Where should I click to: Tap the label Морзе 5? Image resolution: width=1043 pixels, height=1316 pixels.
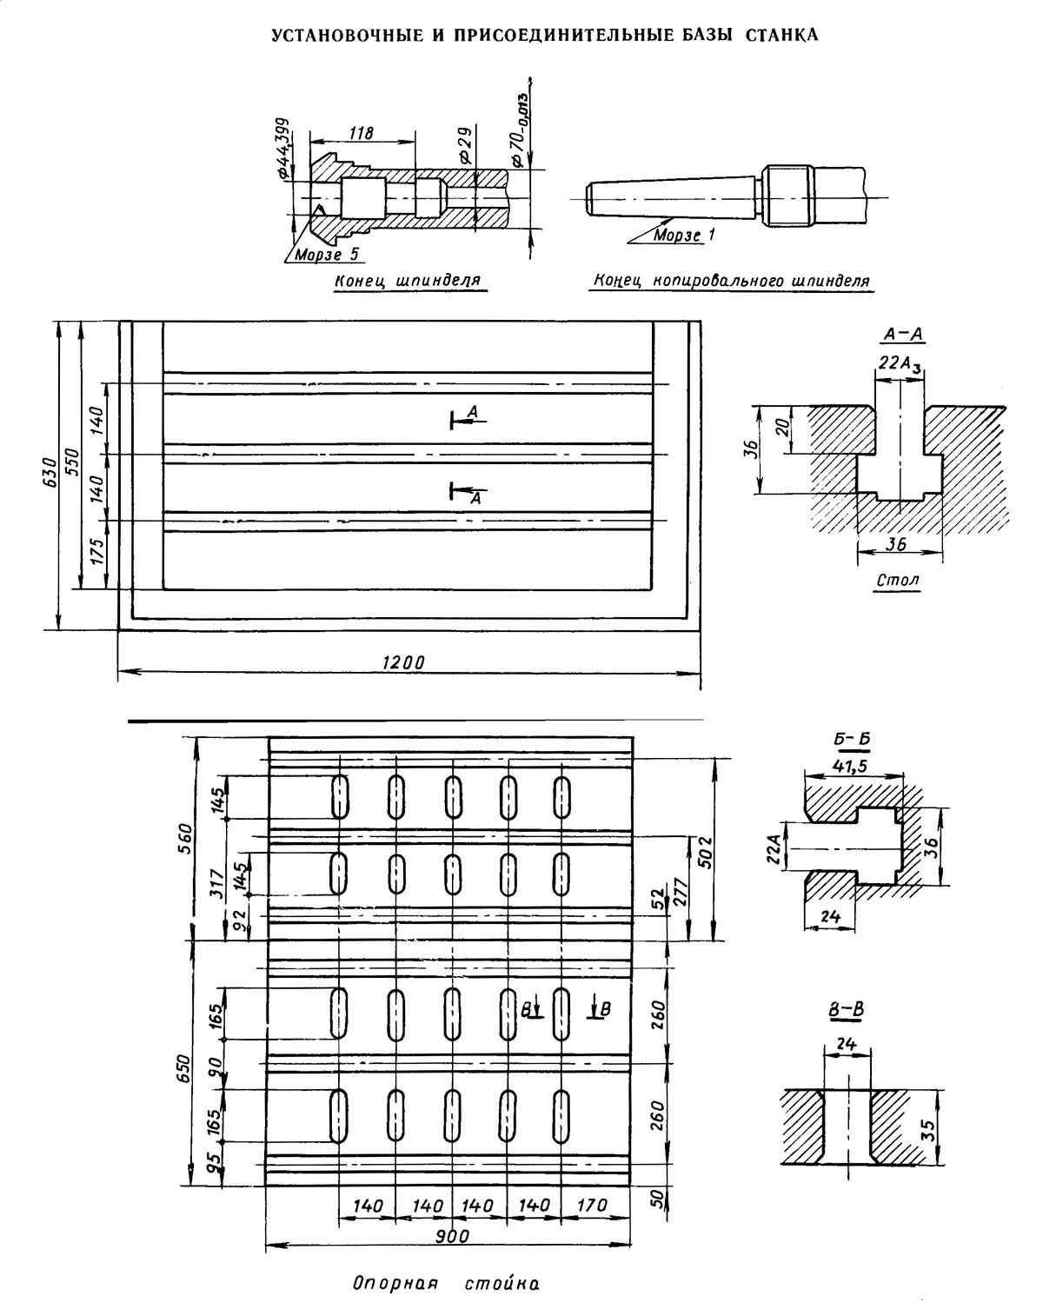[x=326, y=255]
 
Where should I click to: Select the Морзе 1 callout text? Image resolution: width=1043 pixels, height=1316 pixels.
[x=684, y=235]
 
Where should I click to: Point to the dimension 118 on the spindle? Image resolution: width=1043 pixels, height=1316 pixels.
[x=361, y=133]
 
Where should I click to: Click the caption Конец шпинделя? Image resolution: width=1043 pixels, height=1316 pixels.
[x=408, y=282]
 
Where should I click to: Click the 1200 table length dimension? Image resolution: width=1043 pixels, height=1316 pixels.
[x=403, y=662]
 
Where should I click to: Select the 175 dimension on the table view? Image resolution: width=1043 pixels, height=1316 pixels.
[x=96, y=553]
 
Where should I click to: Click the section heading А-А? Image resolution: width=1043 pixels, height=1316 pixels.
[x=903, y=334]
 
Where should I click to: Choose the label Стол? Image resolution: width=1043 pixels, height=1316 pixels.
[x=898, y=580]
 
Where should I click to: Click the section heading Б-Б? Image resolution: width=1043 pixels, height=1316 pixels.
[x=852, y=740]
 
